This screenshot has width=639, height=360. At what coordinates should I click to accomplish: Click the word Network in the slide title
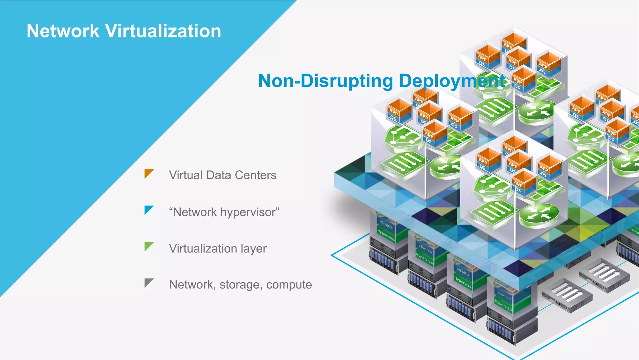tap(63, 31)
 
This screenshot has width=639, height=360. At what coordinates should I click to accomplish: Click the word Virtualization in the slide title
tap(163, 31)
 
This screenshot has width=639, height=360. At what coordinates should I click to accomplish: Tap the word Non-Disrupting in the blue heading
tap(326, 81)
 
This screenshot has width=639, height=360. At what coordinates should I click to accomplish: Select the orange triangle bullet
tap(148, 173)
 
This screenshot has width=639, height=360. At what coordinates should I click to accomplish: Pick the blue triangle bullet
tap(148, 210)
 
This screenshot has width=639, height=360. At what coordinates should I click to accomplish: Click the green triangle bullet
tap(148, 246)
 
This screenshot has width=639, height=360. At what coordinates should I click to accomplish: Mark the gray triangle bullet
tap(148, 282)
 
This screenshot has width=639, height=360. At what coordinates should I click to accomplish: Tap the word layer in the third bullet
tap(253, 249)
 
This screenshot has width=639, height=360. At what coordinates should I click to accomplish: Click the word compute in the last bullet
tap(289, 285)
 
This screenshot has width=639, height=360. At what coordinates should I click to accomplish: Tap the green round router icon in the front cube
tap(539, 215)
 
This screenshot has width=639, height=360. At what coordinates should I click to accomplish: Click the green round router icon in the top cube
tap(537, 111)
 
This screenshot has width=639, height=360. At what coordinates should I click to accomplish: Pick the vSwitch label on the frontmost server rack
tap(504, 295)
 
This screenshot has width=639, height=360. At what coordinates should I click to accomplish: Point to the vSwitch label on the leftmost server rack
tap(387, 224)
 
